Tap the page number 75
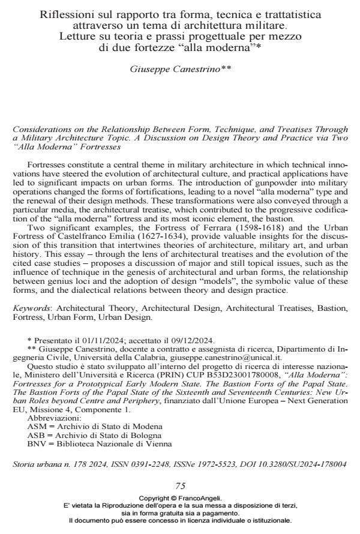180,485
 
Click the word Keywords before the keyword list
31,308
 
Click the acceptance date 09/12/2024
158,340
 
